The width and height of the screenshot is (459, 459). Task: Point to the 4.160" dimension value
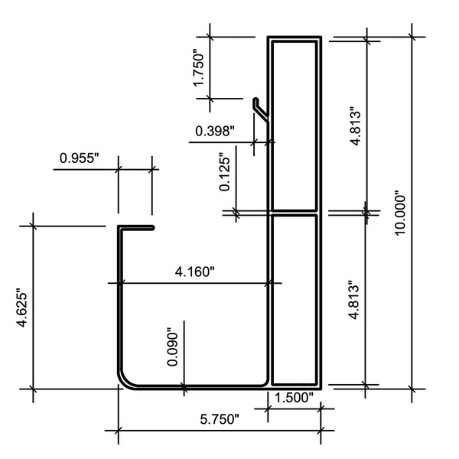pyautogui.click(x=195, y=271)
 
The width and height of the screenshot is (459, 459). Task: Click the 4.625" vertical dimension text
pyautogui.click(x=22, y=308)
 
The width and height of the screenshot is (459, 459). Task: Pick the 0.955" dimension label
pyautogui.click(x=80, y=158)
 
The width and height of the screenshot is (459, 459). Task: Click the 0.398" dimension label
pyautogui.click(x=215, y=130)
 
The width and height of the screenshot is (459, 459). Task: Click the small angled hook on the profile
pyautogui.click(x=260, y=107)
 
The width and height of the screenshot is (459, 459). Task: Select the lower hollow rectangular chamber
pyautogui.click(x=295, y=298)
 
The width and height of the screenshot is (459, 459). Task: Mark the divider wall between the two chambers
pyautogui.click(x=295, y=212)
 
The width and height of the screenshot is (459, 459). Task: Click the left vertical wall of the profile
pyautogui.click(x=119, y=306)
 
